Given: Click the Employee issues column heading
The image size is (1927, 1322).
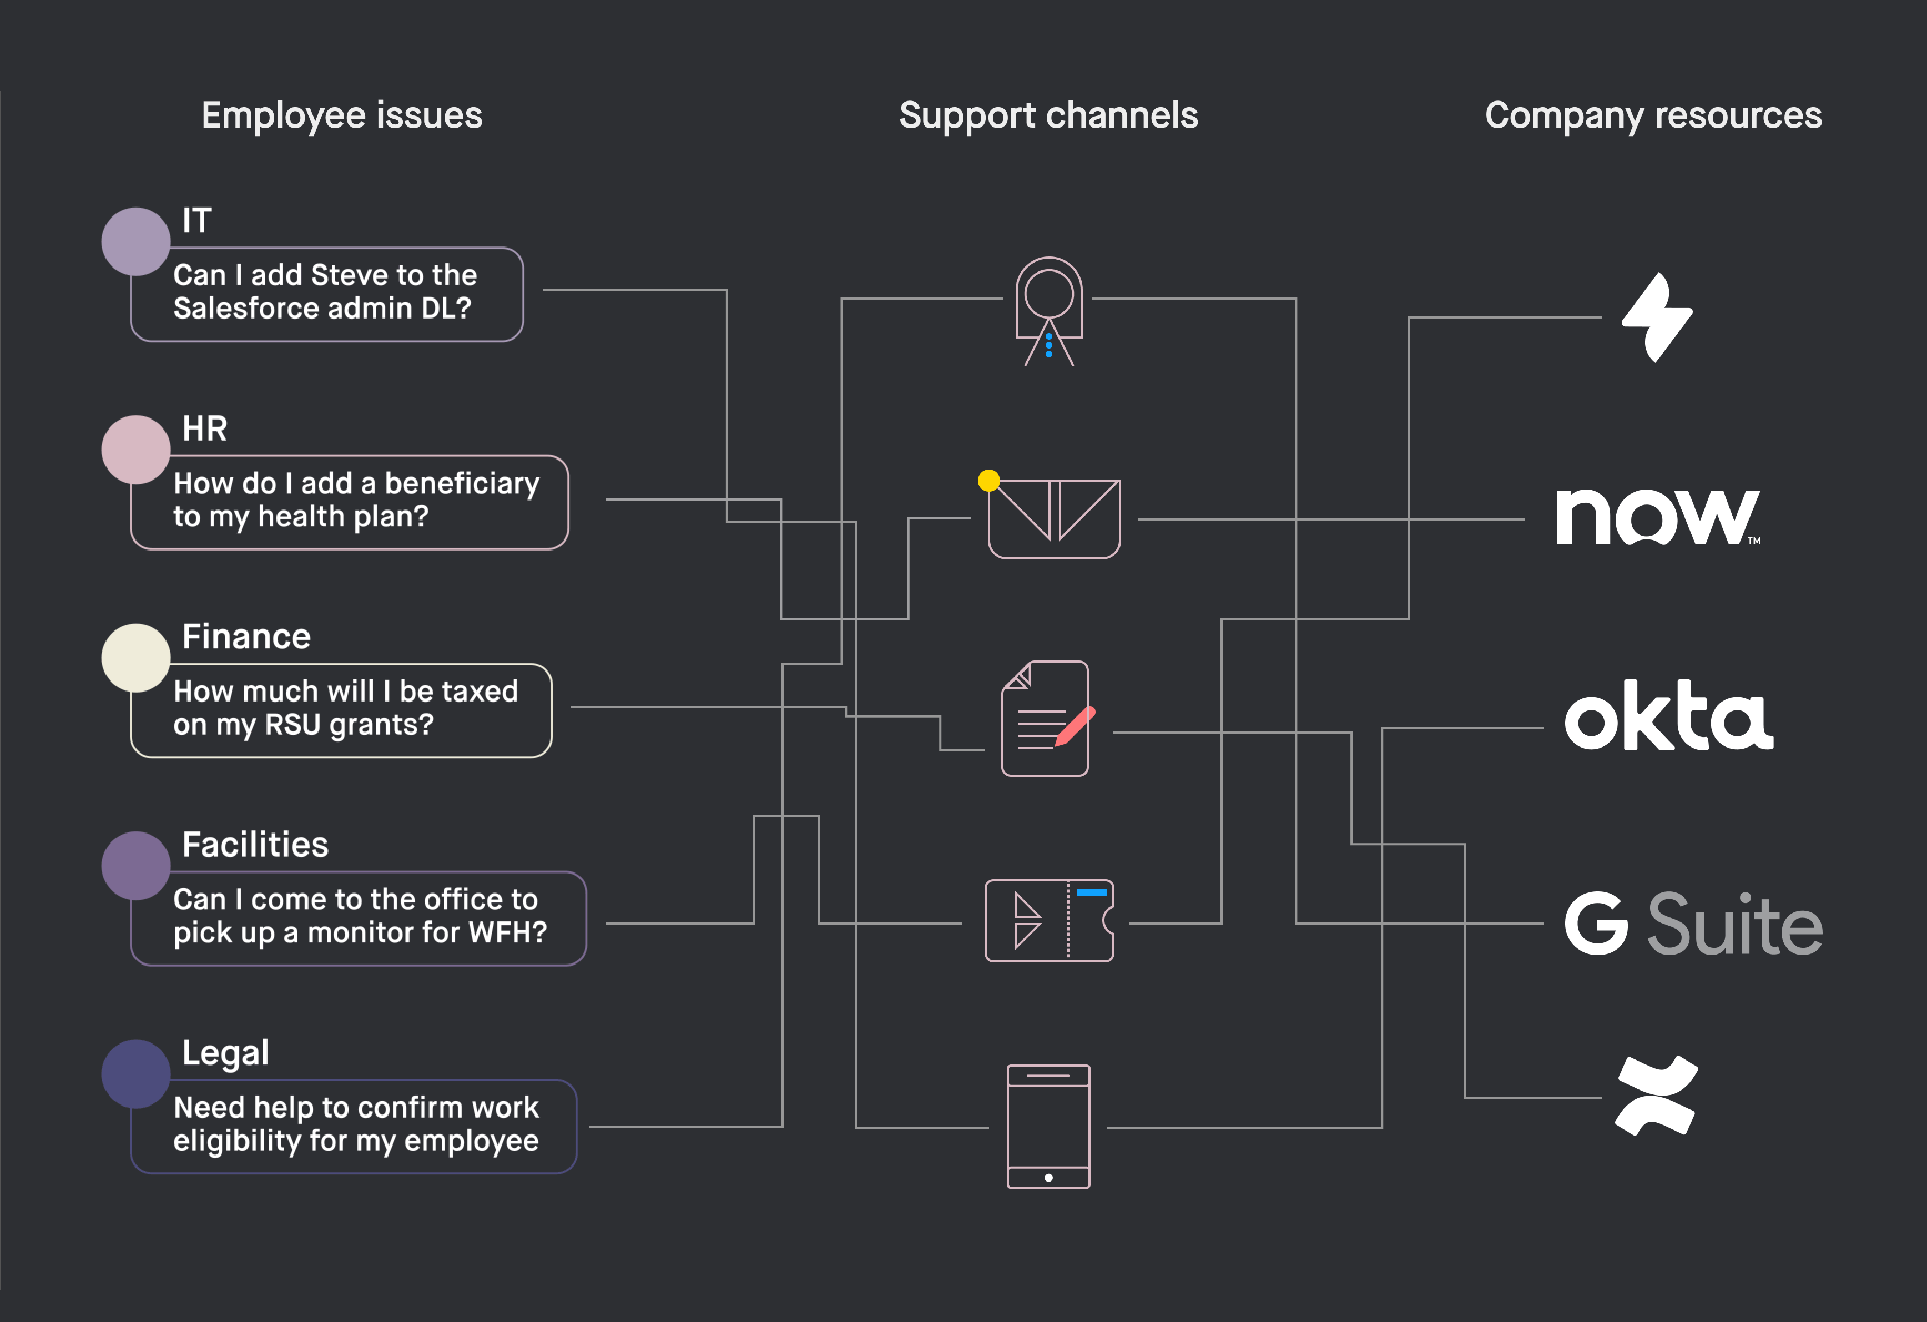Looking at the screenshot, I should [342, 116].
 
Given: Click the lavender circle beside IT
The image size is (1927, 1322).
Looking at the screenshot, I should [136, 241].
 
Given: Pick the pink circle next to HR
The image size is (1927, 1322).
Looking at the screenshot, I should [136, 450].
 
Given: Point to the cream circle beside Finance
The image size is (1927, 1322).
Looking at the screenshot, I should [136, 658].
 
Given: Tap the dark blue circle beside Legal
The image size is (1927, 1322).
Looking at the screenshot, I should [136, 1074].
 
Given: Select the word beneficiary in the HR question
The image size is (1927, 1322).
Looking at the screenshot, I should [462, 483].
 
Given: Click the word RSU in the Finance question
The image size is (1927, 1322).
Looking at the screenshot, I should [292, 725].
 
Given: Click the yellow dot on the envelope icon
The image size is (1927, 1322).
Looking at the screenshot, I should [988, 480].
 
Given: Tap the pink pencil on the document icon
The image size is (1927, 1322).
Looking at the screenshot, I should [1076, 726].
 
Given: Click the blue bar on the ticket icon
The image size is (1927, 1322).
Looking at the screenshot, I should [1091, 892].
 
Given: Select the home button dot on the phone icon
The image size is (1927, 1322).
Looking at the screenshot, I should [1049, 1178].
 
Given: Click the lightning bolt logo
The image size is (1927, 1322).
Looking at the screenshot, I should [1657, 317].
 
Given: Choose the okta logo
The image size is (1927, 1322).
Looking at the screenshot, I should [1668, 716].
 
